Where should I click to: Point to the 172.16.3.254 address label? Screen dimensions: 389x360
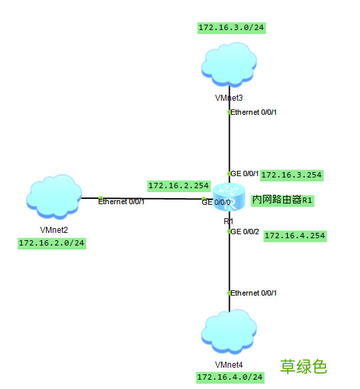click(291, 175)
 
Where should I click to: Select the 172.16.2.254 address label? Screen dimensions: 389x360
click(178, 185)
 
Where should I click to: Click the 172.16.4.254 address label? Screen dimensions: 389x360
click(295, 236)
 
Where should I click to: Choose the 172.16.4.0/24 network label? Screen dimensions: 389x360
click(230, 378)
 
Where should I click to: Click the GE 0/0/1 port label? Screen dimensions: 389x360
click(245, 173)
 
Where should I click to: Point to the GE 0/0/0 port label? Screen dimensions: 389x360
click(216, 203)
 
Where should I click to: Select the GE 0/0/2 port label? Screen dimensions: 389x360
click(245, 232)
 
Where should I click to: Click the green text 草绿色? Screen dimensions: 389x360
click(303, 366)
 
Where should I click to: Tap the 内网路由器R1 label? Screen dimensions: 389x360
click(282, 200)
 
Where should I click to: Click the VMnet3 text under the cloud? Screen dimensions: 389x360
click(228, 97)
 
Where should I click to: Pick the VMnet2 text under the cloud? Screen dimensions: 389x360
click(54, 230)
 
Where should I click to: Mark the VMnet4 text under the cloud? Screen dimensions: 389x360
click(229, 364)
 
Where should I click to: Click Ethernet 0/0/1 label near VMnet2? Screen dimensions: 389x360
click(121, 202)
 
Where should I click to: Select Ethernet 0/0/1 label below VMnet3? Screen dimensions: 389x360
click(254, 112)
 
